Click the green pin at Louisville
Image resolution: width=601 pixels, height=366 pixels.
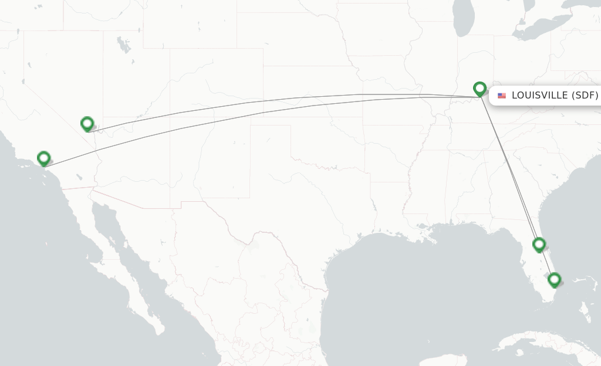480,89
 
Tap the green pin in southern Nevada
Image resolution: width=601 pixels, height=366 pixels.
87,123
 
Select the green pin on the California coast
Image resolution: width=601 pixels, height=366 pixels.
43,158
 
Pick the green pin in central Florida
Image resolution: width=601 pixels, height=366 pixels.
539,244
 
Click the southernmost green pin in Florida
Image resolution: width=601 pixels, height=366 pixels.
554,280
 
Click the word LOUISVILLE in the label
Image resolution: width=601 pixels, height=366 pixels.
539,96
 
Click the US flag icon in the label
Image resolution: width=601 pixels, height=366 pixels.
502,96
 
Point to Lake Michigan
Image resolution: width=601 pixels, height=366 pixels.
464,21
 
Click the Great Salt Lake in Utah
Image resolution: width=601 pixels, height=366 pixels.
123,45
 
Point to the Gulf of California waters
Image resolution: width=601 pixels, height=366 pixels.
117,246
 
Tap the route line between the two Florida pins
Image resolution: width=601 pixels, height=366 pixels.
546,262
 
